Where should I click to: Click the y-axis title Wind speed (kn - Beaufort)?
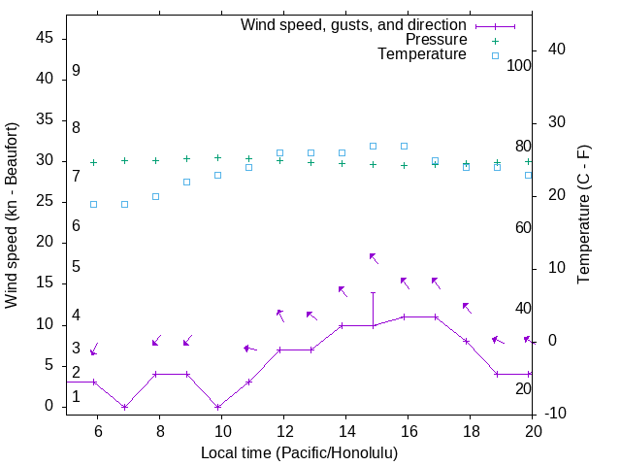(12, 216)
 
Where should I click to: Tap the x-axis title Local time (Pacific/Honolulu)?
(299, 453)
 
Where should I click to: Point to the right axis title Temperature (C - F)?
(583, 216)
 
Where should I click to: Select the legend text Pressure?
(435, 40)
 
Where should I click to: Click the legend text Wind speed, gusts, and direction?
(354, 25)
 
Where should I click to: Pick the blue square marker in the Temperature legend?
(495, 55)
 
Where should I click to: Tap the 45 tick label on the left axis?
(45, 38)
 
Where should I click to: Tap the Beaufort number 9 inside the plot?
(76, 71)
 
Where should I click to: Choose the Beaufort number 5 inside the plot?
(76, 267)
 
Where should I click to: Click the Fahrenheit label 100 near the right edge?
(519, 66)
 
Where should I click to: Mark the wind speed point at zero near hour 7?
(124, 407)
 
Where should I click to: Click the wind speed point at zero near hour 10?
(217, 407)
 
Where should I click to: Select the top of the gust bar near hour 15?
(373, 292)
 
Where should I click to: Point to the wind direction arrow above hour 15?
(374, 258)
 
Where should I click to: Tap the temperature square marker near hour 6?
(93, 204)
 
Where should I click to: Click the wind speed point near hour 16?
(404, 316)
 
